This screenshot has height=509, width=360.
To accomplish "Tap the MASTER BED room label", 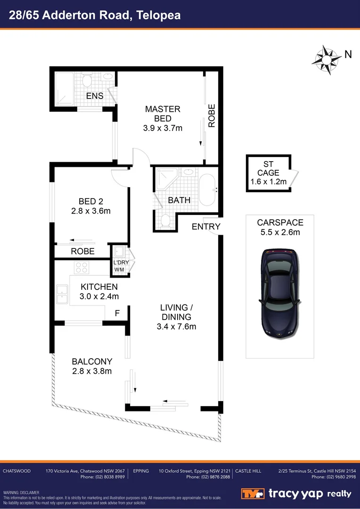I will pos(163,114).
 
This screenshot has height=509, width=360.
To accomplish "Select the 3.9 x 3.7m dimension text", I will pos(163,128).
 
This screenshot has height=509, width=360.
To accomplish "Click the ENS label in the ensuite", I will pos(95,96).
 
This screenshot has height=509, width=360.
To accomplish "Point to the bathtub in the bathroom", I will pos(208,191).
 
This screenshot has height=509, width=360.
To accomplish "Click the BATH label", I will pos(179,200).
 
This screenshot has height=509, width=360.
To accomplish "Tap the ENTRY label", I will pos(206,227).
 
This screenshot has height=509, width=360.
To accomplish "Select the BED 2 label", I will pos(91,201).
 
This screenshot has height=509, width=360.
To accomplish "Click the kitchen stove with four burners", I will pos(82,267).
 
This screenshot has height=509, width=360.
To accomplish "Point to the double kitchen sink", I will pos(62,295).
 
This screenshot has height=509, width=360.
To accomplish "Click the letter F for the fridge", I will pos(118,312).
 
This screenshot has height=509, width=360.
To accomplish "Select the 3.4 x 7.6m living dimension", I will pos(177,326).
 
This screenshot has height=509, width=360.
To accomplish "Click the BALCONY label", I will pos(92,361).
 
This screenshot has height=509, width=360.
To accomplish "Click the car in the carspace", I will pos(280,293).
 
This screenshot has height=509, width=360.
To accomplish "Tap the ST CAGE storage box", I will pos(268,173).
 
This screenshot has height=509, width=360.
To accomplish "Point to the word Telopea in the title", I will pos(158,15).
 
